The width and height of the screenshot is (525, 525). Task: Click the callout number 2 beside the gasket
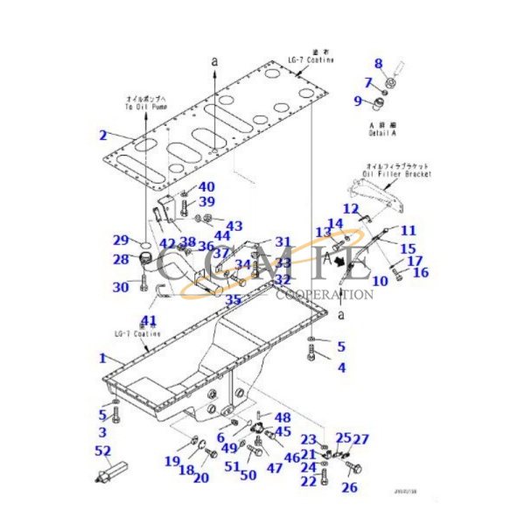pos(102,135)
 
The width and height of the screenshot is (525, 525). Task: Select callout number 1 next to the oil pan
pos(102,358)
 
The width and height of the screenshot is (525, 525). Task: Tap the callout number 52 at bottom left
pos(102,451)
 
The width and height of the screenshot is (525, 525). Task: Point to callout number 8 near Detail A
pos(379,63)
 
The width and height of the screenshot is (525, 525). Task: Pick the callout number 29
pos(120,240)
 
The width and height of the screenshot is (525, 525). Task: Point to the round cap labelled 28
pos(143,258)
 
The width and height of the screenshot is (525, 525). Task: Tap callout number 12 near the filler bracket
pos(350,208)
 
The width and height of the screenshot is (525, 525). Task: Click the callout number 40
pos(206,186)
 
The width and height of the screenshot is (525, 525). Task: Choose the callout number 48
pos(283,418)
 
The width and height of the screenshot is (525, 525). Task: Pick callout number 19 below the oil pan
pos(172,461)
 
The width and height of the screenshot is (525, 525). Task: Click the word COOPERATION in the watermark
pos(325,295)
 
